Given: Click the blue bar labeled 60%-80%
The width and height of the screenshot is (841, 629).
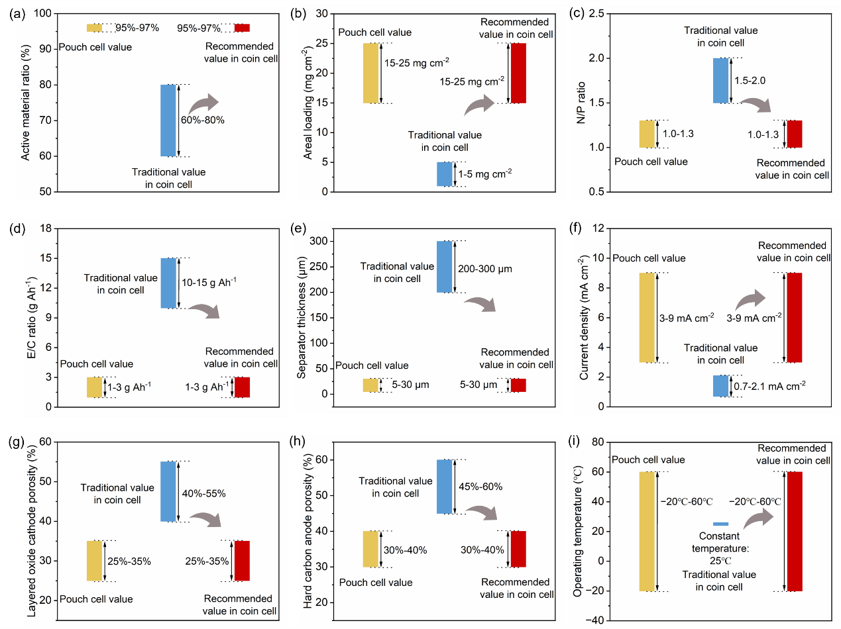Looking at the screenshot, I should (168, 121).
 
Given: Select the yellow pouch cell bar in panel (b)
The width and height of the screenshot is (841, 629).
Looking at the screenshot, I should (370, 73).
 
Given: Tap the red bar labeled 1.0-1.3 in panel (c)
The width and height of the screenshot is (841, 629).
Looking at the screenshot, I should (794, 134).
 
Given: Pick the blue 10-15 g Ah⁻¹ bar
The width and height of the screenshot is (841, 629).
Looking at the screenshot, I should (168, 283).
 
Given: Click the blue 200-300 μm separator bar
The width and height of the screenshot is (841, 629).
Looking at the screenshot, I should (444, 266).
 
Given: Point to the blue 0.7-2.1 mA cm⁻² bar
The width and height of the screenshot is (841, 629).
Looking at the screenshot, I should (720, 386).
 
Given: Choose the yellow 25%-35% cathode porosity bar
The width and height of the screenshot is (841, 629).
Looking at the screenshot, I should (95, 561).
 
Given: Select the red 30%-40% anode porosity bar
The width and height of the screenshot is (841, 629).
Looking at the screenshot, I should (518, 549).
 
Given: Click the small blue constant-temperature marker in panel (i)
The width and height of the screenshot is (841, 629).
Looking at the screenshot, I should (720, 524).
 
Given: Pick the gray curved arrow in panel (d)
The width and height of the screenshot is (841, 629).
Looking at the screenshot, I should (203, 311).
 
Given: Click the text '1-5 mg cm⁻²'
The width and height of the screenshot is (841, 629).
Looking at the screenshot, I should (484, 174).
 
